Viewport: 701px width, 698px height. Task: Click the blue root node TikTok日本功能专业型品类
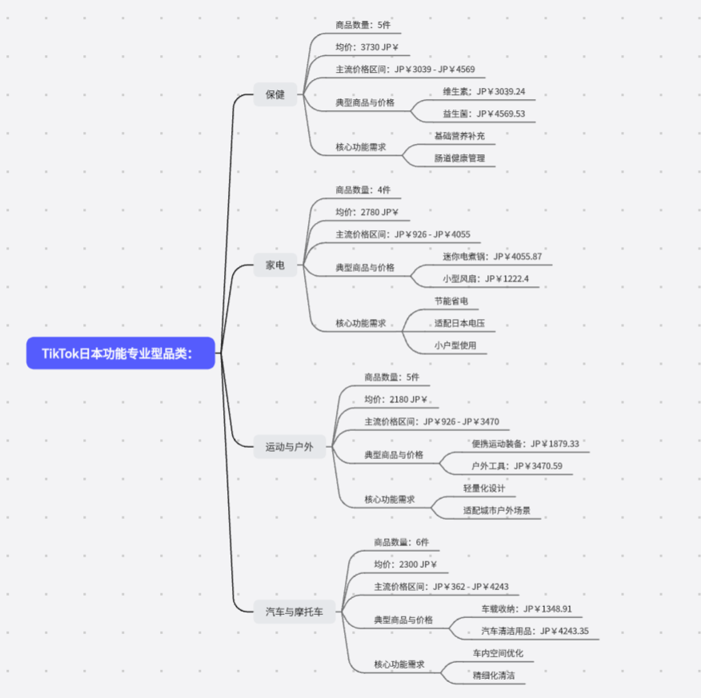(121, 353)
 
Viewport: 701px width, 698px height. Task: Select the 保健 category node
(275, 94)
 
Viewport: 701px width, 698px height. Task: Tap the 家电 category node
(275, 265)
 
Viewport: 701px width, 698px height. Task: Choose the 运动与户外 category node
(290, 446)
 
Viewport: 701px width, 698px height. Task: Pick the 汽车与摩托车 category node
(295, 612)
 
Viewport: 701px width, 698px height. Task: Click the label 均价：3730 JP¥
(367, 47)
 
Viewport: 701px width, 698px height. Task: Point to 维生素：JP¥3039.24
(484, 91)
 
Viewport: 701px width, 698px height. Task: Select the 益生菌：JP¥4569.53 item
(484, 114)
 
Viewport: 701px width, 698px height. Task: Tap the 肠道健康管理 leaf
(459, 158)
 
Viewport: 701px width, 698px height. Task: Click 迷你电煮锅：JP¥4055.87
(492, 257)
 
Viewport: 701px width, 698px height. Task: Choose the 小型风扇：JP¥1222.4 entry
(486, 279)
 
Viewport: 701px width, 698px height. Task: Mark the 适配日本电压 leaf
(459, 324)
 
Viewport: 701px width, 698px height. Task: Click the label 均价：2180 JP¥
(395, 399)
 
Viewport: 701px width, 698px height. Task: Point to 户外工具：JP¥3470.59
(517, 466)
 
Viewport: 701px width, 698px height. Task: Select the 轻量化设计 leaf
(484, 488)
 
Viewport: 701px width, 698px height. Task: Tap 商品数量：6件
(401, 542)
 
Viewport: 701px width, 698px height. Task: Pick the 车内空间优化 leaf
(498, 653)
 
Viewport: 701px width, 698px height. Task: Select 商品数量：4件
(363, 190)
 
